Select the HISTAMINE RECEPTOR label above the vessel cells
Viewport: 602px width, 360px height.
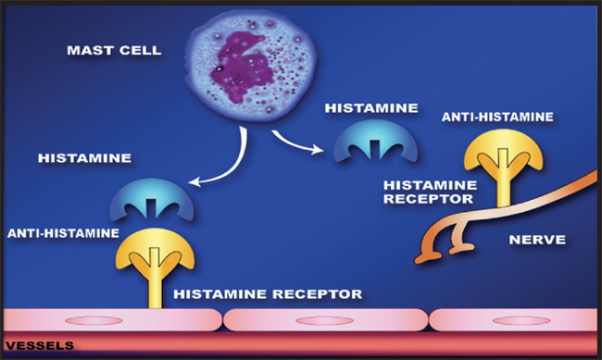266,294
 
